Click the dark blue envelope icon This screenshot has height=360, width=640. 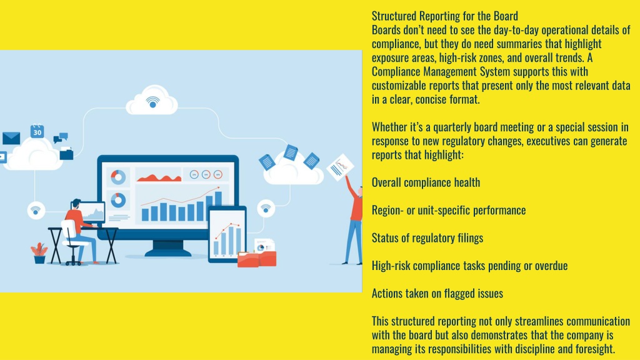pos(11,138)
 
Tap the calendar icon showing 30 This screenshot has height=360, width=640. pos(37,131)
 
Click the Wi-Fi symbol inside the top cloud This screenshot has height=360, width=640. pos(152,102)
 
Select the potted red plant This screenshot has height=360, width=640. pos(39,253)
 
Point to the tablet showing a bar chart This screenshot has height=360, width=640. pos(227,234)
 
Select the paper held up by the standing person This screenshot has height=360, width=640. pos(341,166)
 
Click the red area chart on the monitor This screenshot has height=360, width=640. pos(159,177)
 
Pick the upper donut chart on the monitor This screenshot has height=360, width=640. pos(118,177)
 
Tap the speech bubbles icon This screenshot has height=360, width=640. pos(61,137)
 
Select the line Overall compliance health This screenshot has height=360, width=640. pos(426,182)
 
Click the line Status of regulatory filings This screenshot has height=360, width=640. pos(427,238)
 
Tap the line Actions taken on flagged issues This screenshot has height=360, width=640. pos(437,294)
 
